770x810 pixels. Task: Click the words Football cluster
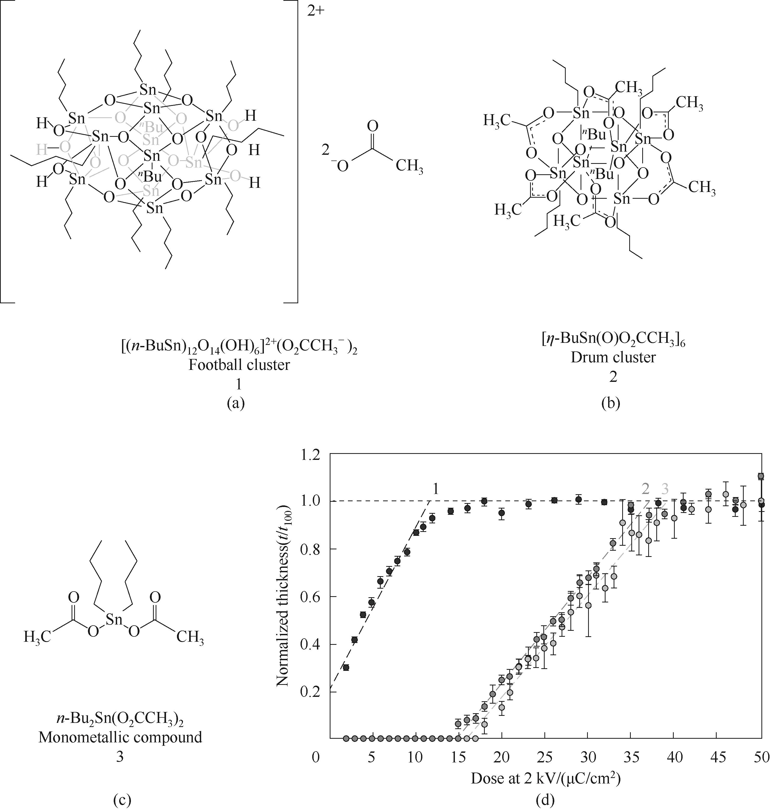(x=239, y=365)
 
